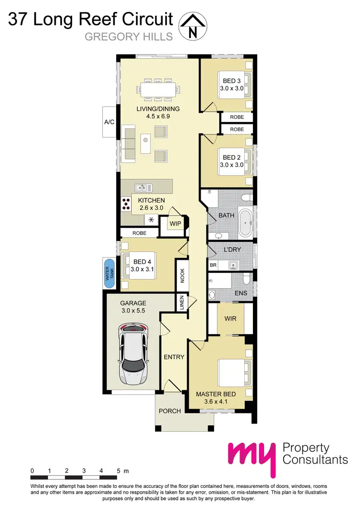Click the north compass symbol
click(193, 25)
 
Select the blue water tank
click(108, 273)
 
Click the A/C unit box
click(109, 122)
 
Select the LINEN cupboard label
click(182, 303)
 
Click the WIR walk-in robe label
click(230, 318)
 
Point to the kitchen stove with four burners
click(126, 204)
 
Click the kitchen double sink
click(143, 187)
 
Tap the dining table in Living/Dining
click(158, 89)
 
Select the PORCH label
click(170, 411)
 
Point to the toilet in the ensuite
click(246, 279)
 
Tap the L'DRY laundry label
click(232, 250)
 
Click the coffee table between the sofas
click(145, 142)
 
